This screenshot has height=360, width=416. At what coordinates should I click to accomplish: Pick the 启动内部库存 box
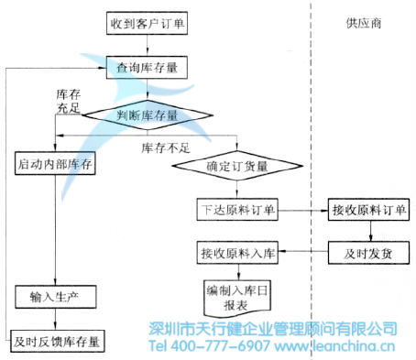point(58,165)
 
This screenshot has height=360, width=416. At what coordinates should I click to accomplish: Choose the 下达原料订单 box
point(238,210)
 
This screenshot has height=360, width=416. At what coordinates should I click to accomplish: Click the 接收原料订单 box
point(367,210)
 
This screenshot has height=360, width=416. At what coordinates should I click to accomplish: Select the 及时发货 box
point(367,253)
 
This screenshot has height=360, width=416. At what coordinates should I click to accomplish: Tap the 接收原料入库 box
point(238,253)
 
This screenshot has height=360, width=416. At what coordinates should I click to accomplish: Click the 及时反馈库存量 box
point(56,342)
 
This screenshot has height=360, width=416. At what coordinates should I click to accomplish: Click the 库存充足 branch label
point(71,103)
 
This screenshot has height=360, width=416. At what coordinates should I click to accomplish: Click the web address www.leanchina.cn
point(336,347)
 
